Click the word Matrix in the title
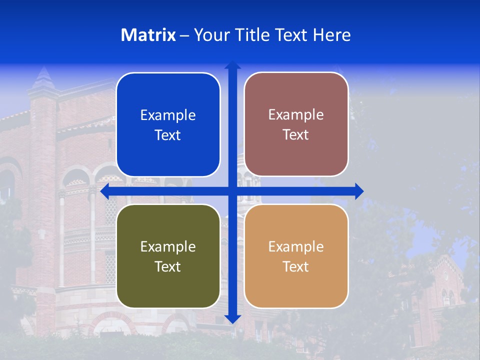[x=148, y=35]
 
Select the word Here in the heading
[x=331, y=35]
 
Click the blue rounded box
[x=168, y=124]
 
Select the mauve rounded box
[x=296, y=124]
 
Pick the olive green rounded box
[x=168, y=256]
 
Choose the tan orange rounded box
[x=296, y=256]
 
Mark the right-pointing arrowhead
[x=358, y=191]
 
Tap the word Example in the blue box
[x=168, y=115]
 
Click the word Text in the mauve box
[x=296, y=135]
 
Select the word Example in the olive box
[x=168, y=246]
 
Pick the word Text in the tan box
[x=296, y=266]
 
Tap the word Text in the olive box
[x=168, y=266]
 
